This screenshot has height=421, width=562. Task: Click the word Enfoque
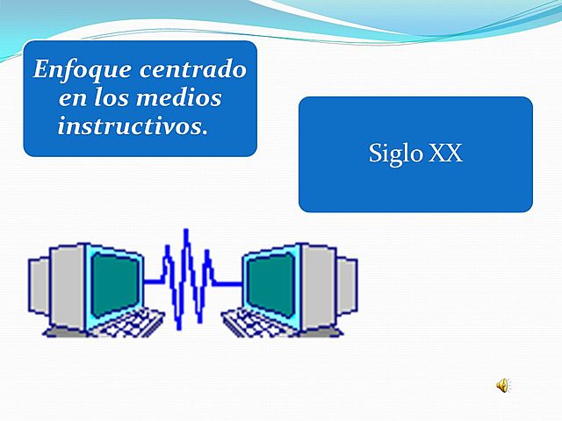coord(72,69)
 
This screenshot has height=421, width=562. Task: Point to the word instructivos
coord(129,125)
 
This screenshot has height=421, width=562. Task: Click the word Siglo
coord(396,154)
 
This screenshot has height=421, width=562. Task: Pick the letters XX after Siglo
coord(445,154)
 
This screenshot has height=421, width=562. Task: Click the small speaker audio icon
coord(503,385)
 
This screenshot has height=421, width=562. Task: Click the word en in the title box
coord(58,98)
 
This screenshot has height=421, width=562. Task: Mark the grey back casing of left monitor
coord(48,285)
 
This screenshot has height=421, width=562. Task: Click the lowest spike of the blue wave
coord(180,325)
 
